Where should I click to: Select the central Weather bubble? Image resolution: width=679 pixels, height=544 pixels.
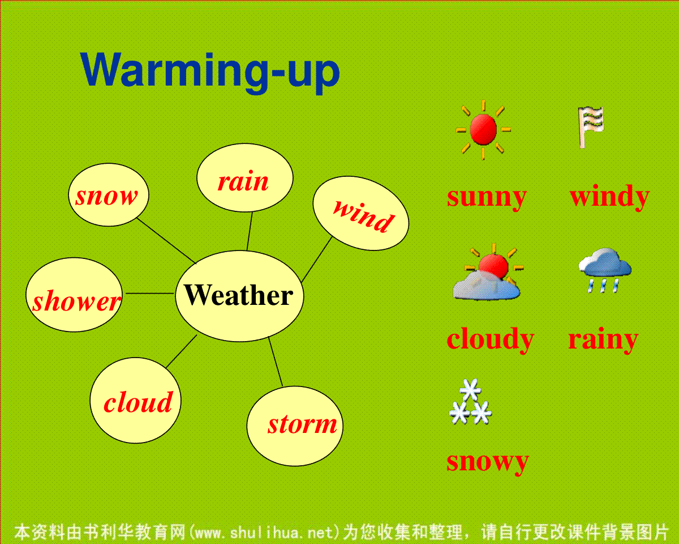pos(239,296)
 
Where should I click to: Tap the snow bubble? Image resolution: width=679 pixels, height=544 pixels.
pos(109,195)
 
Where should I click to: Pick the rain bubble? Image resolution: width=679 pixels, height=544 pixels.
pos(245,177)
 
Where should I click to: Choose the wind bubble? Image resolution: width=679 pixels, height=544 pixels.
pos(361,214)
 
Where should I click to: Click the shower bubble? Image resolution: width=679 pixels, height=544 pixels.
pos(74,295)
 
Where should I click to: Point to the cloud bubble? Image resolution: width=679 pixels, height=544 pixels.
pos(136,401)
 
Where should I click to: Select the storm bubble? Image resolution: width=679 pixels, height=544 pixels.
pos(295,426)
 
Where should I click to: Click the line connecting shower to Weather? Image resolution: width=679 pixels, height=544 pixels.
pos(150,294)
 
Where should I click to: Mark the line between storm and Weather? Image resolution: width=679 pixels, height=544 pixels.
pos(276,362)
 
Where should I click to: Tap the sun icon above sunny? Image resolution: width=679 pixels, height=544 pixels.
pos(483,130)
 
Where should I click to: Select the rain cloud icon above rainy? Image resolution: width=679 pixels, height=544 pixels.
pos(605,270)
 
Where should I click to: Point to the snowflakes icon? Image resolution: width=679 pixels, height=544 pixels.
pos(470,402)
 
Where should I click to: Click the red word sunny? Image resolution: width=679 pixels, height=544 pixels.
pos(487,198)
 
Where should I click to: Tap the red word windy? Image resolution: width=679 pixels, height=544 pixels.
pos(609,197)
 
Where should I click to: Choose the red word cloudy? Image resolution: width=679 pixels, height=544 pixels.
pos(491,339)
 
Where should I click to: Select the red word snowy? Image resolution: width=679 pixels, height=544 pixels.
pos(488,462)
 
